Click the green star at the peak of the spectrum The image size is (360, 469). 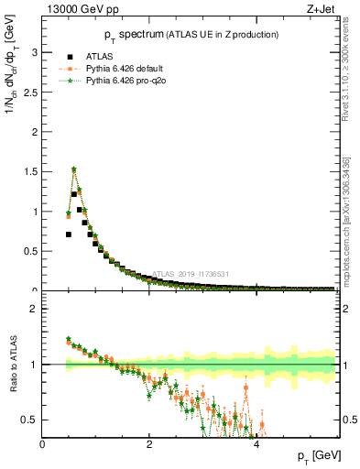[x=74, y=169]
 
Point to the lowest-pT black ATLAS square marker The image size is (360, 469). [x=69, y=234]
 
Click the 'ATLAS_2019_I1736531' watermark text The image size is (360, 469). [x=190, y=274]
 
